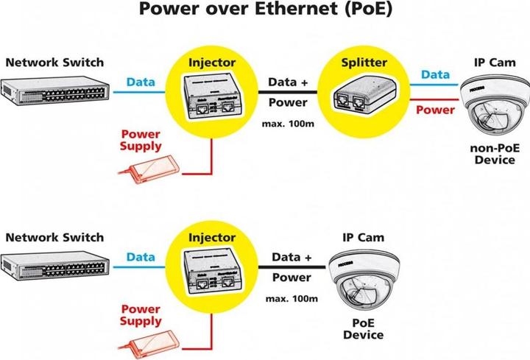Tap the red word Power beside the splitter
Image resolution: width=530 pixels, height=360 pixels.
point(437,110)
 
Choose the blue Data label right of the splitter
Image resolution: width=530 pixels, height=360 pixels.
point(435,74)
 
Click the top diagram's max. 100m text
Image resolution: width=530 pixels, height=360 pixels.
point(288,123)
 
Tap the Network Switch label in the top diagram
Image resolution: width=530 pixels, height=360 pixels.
point(55,62)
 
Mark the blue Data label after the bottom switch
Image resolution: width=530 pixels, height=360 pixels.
point(140,257)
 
